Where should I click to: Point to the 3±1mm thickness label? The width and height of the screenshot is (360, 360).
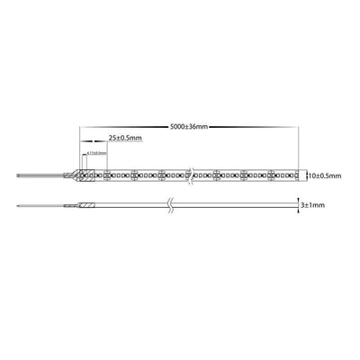pyautogui.click(x=314, y=206)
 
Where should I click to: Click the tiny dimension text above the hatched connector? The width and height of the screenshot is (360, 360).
pyautogui.click(x=96, y=154)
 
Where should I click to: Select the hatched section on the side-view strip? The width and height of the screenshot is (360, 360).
pyautogui.click(x=87, y=206)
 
